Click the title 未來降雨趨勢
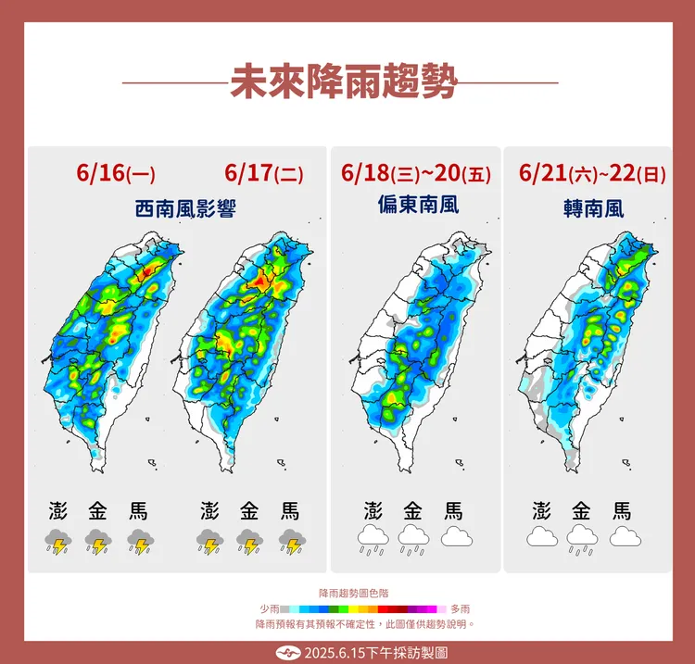coord(344,81)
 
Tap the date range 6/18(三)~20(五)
coord(416,173)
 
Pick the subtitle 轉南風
coord(593,209)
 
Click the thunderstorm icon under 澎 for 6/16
coord(57,542)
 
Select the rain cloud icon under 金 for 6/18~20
coord(413,538)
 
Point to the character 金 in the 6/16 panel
coord(98,510)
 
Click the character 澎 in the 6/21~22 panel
coord(541,510)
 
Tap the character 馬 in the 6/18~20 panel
coord(454,510)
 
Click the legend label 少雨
coord(270,608)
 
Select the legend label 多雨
coord(460,608)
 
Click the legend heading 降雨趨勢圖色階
coord(347,592)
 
